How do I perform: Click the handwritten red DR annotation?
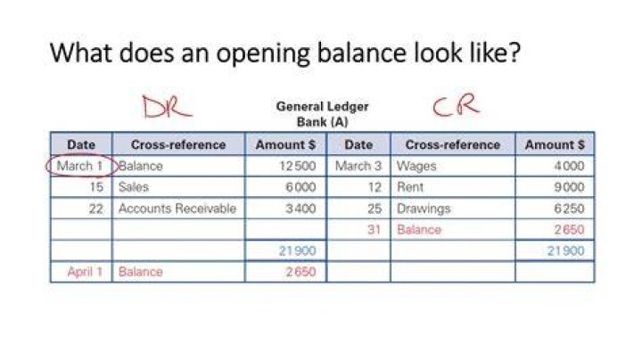click(x=166, y=107)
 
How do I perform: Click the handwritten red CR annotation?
click(x=457, y=105)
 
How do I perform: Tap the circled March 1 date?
click(x=79, y=166)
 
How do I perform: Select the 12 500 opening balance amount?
click(x=297, y=166)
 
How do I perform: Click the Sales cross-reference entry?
click(x=134, y=187)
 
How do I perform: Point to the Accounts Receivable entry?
click(x=177, y=209)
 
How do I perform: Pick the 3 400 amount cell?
click(x=300, y=209)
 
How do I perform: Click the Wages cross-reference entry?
click(x=416, y=166)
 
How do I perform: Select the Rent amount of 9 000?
click(x=569, y=187)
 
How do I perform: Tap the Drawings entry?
click(x=424, y=209)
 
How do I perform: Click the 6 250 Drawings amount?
click(x=569, y=209)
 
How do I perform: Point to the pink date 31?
click(x=374, y=230)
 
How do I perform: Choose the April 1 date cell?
click(x=85, y=272)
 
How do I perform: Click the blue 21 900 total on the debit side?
click(x=297, y=250)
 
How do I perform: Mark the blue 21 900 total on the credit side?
click(x=566, y=250)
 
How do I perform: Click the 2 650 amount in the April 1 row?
click(x=300, y=272)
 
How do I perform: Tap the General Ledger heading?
click(x=322, y=107)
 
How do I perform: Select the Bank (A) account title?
click(x=322, y=122)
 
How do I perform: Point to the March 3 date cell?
click(x=358, y=166)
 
